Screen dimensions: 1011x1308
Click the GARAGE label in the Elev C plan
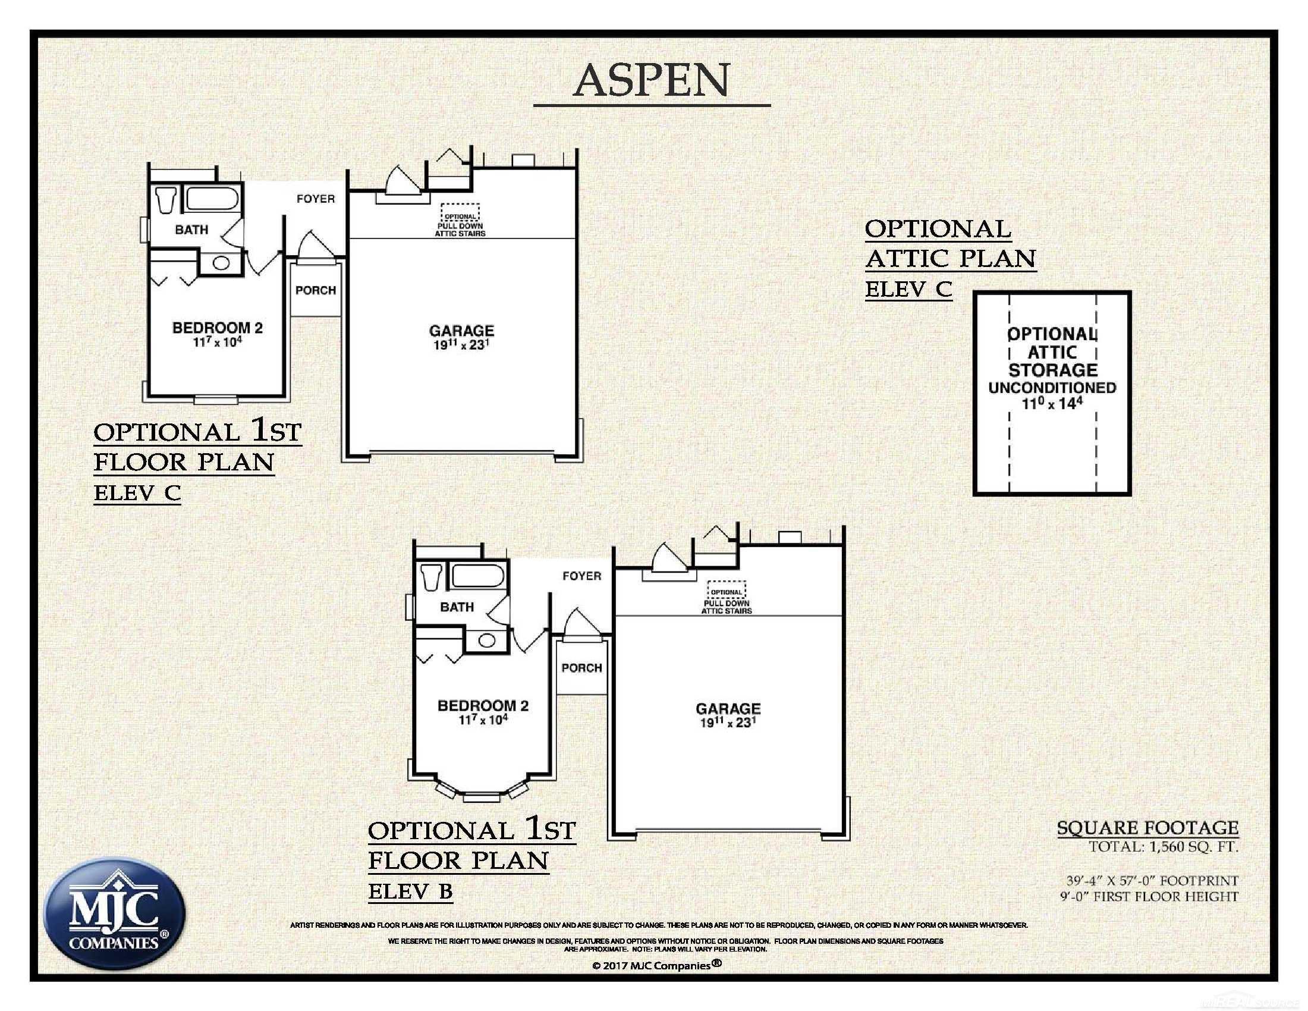[461, 331]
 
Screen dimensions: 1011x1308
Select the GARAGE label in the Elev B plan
[728, 708]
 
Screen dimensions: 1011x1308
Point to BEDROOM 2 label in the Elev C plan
[218, 328]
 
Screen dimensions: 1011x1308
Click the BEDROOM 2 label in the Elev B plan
[483, 705]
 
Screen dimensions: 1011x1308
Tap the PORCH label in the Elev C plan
[316, 290]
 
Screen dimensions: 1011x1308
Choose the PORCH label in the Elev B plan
[581, 668]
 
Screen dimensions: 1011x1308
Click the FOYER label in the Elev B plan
[581, 576]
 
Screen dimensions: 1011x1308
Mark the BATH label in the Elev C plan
[191, 230]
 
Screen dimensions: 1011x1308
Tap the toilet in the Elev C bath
[165, 199]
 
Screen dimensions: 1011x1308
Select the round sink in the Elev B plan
[486, 640]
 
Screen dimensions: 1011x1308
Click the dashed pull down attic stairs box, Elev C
[460, 213]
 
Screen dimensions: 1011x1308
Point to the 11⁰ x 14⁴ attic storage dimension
[1052, 404]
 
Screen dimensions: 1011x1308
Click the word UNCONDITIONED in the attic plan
[1052, 388]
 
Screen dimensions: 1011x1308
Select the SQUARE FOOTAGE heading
[1147, 828]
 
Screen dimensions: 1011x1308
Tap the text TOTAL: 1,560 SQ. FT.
[1162, 847]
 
